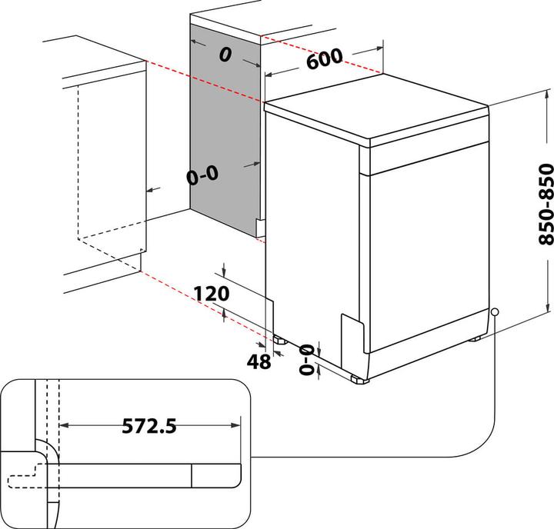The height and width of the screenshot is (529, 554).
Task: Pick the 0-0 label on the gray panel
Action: coord(202,175)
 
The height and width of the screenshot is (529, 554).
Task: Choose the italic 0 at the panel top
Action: coord(225,55)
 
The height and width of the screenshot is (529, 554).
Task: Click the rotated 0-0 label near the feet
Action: coord(307,360)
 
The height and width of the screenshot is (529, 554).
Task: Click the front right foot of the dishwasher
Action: coord(358,378)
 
